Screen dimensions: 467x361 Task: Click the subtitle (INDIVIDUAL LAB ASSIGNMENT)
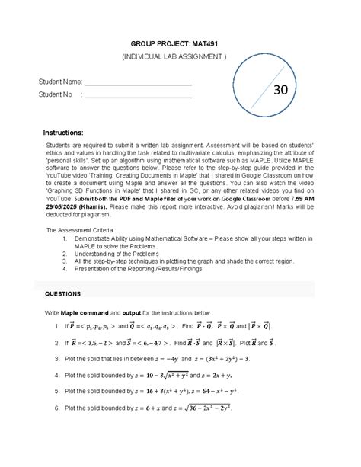(180, 58)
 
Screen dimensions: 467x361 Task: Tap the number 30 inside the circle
(280, 90)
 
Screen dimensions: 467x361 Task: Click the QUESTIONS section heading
(67, 293)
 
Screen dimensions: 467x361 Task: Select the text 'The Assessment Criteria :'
(85, 229)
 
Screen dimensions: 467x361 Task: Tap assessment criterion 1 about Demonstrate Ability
(190, 241)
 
